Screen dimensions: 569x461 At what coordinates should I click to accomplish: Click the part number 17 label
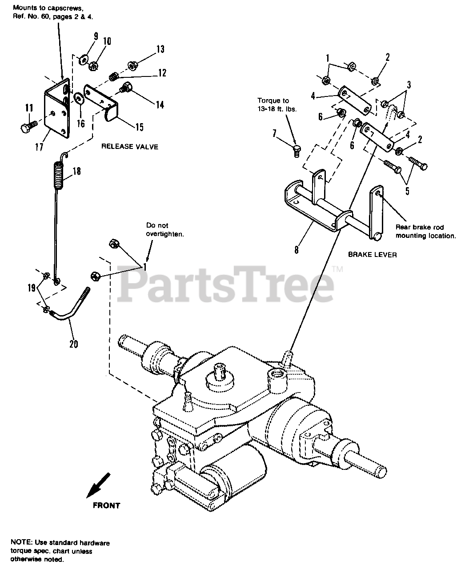click(40, 146)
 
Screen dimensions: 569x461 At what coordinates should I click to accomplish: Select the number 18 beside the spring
click(76, 171)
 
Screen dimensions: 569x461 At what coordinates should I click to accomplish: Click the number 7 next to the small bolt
click(274, 133)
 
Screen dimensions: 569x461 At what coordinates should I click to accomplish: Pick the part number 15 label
click(139, 127)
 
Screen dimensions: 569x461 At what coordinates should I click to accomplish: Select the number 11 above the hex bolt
click(29, 107)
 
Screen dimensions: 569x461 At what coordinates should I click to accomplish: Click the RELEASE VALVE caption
click(129, 147)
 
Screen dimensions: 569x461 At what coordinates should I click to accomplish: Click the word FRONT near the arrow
click(106, 505)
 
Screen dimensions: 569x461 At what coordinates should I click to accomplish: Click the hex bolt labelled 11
click(26, 128)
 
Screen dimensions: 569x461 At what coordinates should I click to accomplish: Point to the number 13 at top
click(160, 49)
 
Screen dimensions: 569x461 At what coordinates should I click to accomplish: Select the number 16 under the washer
click(80, 123)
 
